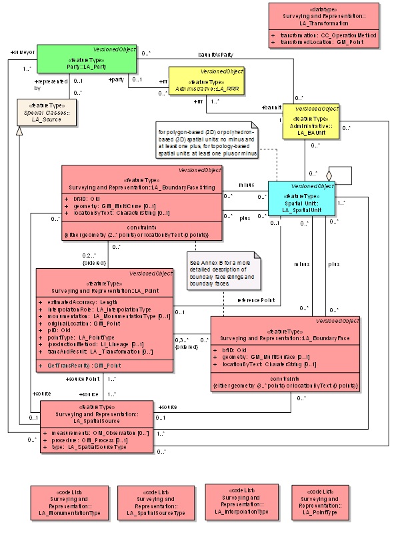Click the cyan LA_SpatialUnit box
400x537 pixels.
coord(301,198)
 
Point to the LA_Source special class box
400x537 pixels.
coord(47,114)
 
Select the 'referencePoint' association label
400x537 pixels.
coord(257,301)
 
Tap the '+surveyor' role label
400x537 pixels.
coord(19,51)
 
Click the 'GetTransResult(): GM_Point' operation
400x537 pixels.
coord(85,366)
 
